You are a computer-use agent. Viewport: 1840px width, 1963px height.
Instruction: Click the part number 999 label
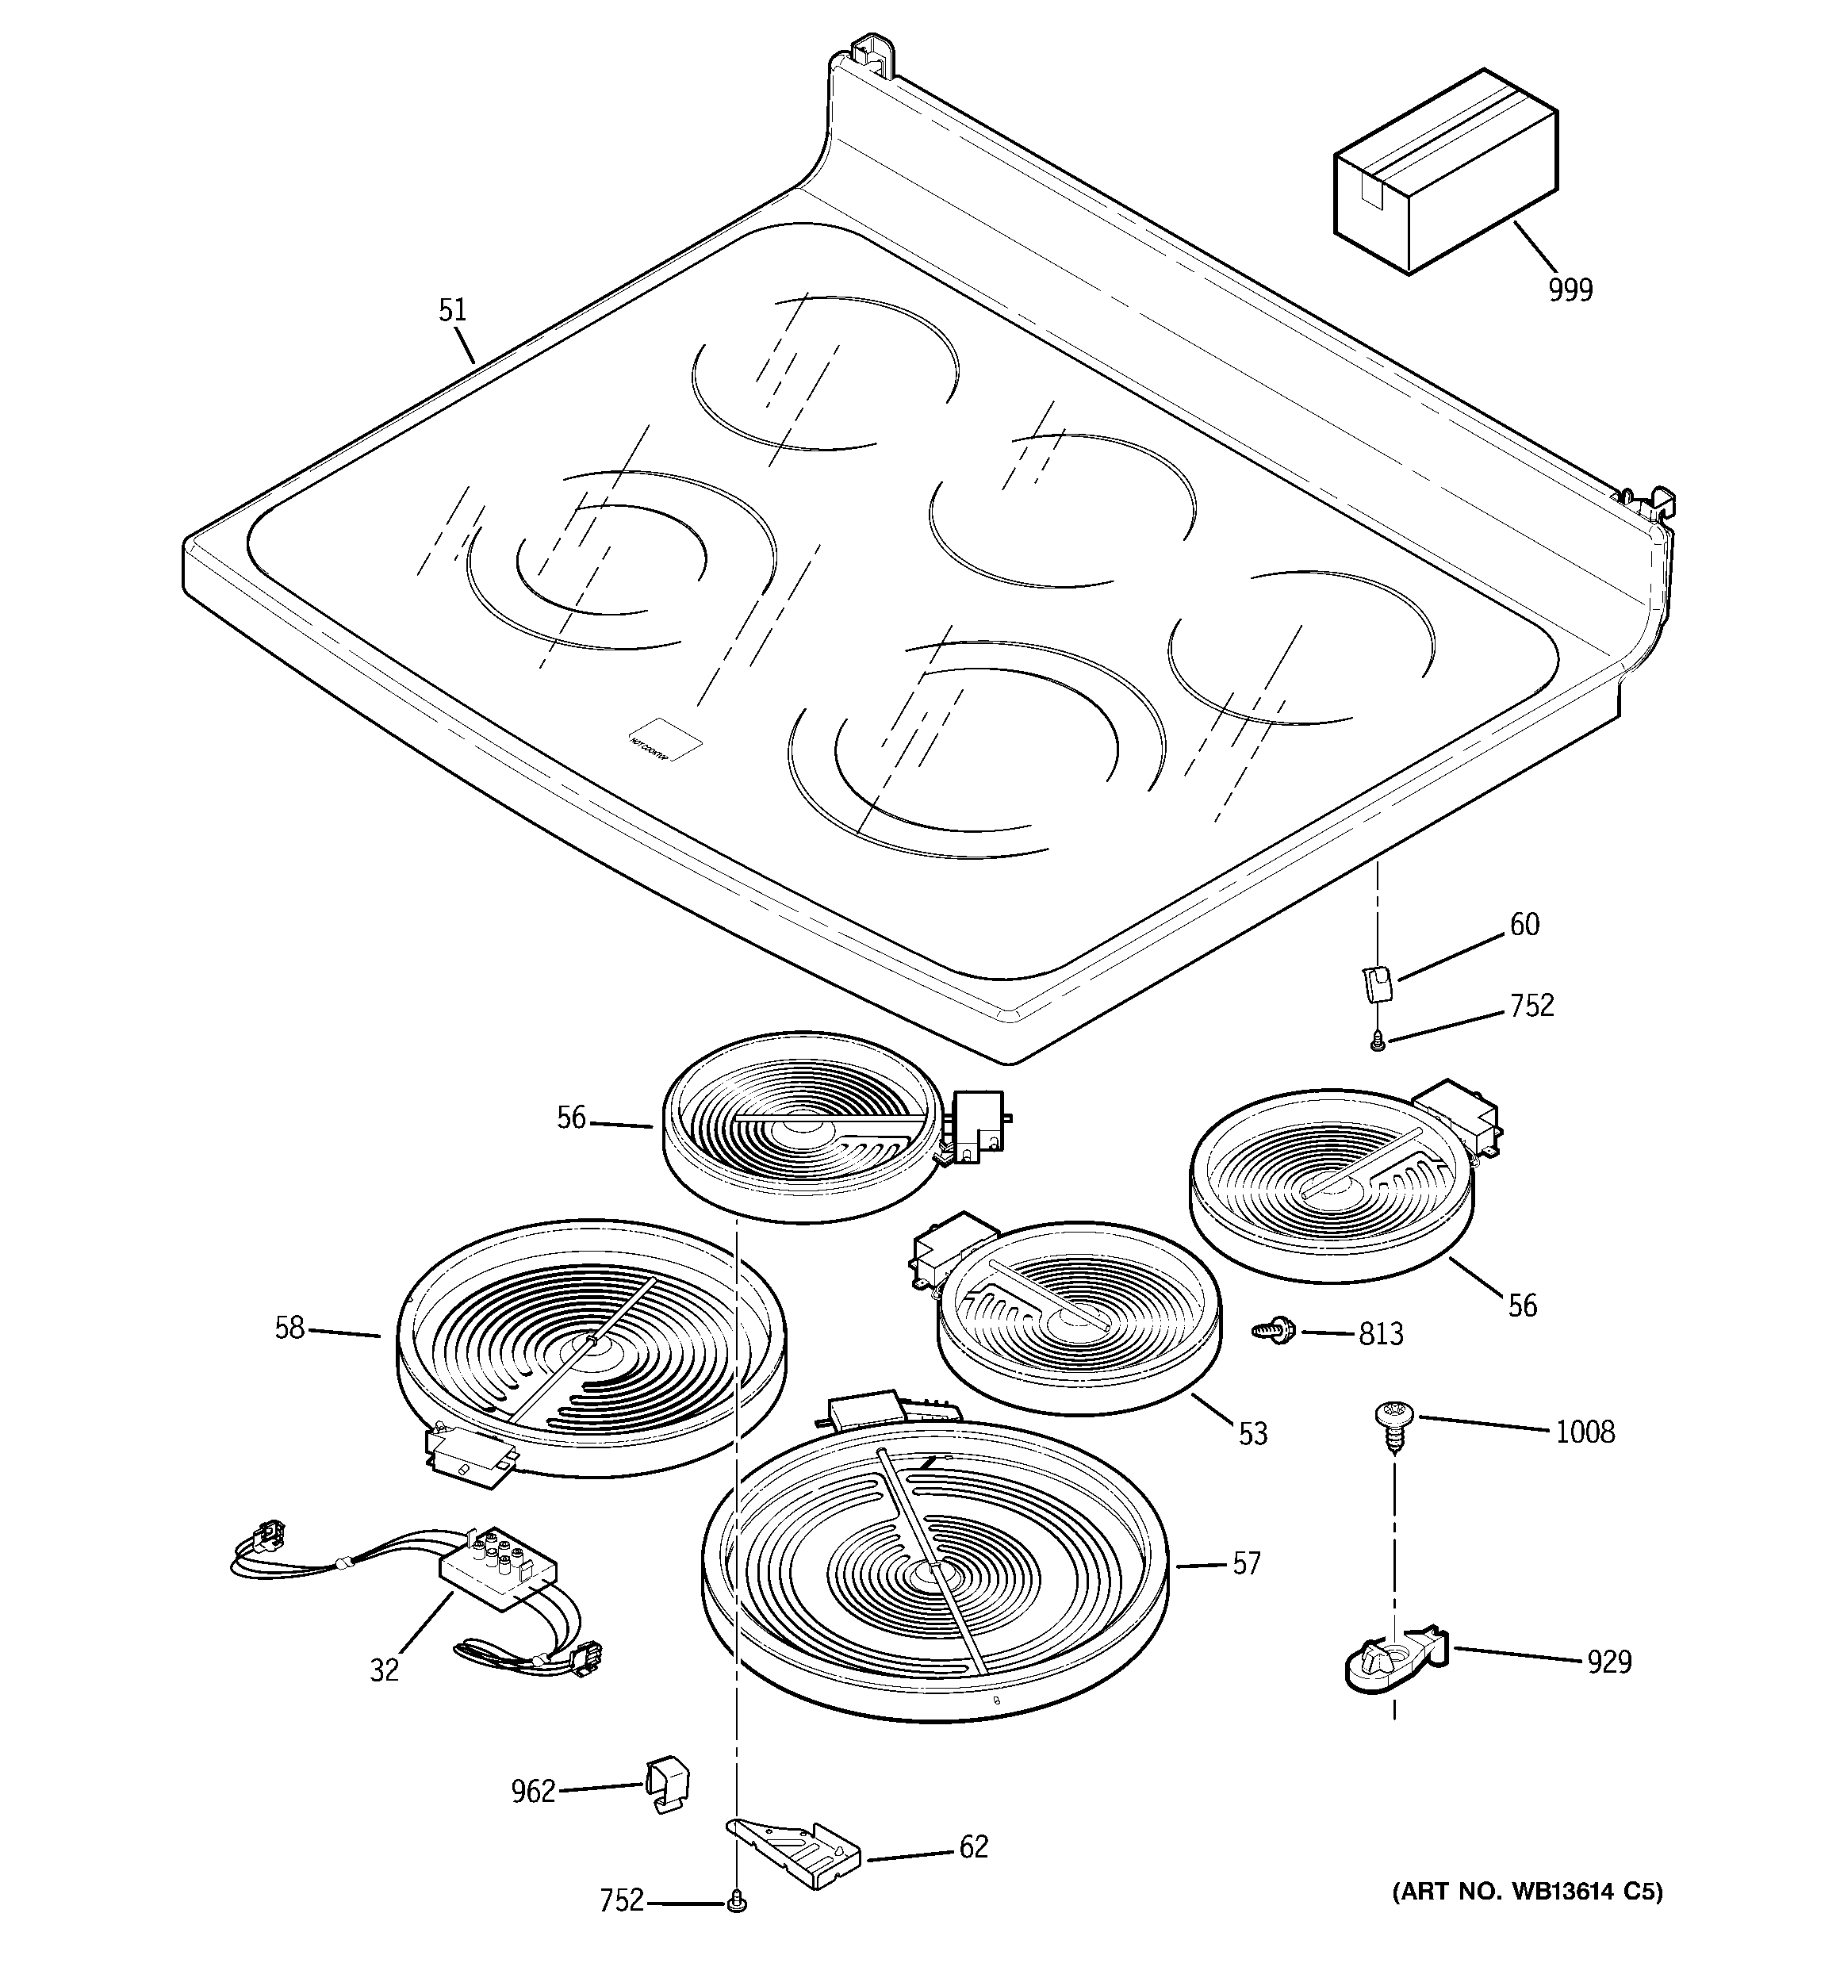1570,290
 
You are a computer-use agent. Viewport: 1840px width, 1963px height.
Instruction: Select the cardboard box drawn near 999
1444,173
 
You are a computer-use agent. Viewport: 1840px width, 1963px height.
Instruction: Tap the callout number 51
451,310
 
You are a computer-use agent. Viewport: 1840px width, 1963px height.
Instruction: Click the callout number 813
1381,1334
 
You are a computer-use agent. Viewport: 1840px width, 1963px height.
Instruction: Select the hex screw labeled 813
1268,1331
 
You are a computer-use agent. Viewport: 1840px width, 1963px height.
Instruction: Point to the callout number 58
289,1328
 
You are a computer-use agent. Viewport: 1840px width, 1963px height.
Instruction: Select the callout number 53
1252,1434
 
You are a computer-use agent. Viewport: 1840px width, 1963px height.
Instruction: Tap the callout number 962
533,1791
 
